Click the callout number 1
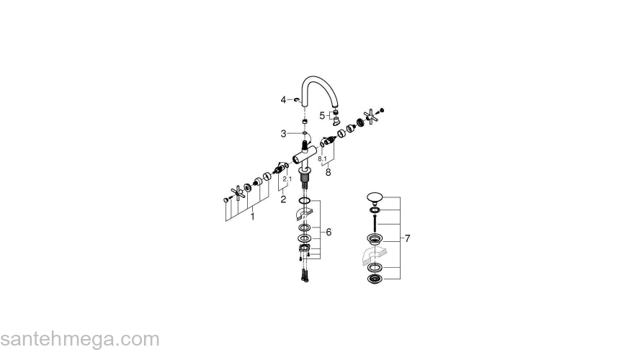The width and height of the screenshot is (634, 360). tap(252, 215)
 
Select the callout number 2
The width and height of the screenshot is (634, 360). tap(283, 199)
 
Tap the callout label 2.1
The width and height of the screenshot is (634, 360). tap(287, 179)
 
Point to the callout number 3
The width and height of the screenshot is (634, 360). tap(284, 133)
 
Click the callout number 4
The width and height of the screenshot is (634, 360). tap(284, 99)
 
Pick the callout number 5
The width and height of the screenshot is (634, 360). tap(322, 114)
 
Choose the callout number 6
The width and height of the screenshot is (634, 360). tap(329, 232)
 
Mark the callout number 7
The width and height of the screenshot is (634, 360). tap(407, 238)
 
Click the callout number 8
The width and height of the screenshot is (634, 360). tap(328, 172)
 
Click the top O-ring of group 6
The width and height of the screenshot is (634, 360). tap(305, 201)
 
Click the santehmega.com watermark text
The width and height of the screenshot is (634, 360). tap(79, 339)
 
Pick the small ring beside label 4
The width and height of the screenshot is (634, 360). tap(297, 99)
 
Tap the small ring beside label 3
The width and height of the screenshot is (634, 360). tap(305, 134)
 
